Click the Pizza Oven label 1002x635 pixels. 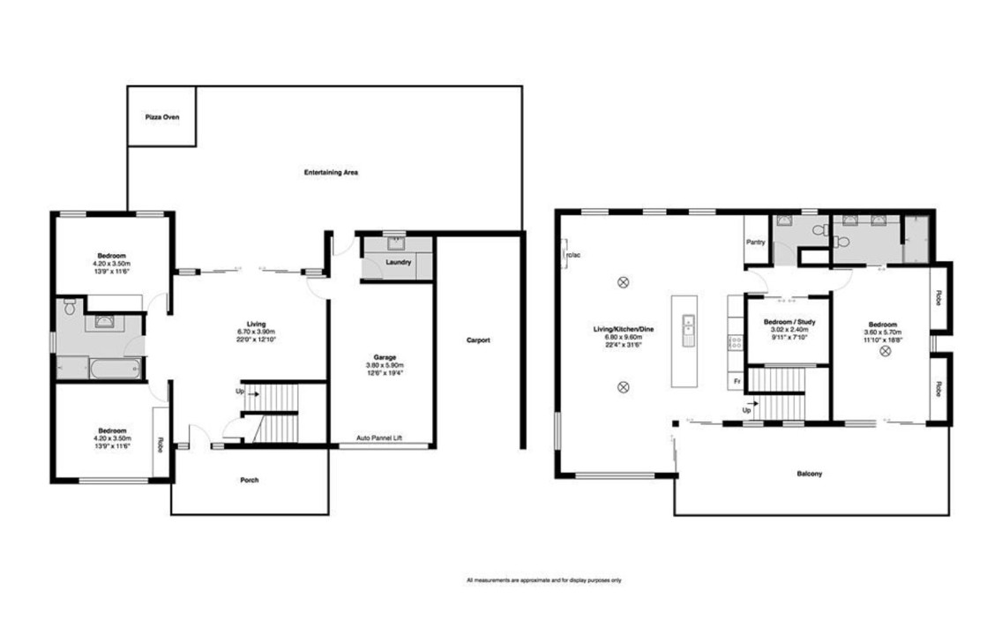point(162,116)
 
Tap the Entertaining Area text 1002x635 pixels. point(331,172)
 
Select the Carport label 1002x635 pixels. point(478,340)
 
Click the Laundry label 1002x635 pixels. point(399,262)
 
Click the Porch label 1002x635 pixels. point(250,480)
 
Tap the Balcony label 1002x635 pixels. point(809,474)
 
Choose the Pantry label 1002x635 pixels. point(755,242)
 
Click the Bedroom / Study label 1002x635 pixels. point(789,322)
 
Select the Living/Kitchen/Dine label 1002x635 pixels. point(624,329)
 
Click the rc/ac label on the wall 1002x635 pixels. point(572,256)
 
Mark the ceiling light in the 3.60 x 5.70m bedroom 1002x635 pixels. point(885,351)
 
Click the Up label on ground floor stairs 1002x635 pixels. point(240,391)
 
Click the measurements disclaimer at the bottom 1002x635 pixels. point(544,580)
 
